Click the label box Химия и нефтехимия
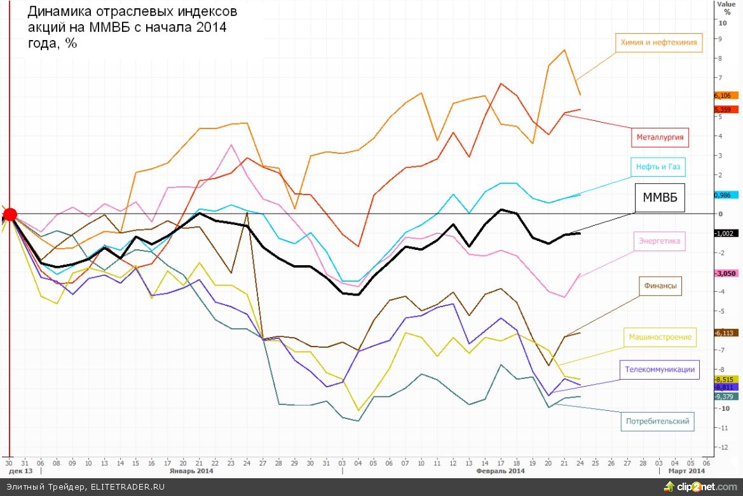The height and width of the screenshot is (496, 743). (658, 43)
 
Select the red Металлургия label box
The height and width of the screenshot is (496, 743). (661, 136)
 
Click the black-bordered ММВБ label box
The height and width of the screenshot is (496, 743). (660, 198)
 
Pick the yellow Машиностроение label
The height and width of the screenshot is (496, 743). (660, 337)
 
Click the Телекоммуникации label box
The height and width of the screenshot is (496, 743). (660, 369)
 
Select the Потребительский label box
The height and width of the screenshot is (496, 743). (657, 420)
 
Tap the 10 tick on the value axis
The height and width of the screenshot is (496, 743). (723, 23)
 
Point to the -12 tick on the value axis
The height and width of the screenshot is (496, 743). (723, 448)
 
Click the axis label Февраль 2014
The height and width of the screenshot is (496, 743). (500, 471)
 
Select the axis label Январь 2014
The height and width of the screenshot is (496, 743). (191, 471)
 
